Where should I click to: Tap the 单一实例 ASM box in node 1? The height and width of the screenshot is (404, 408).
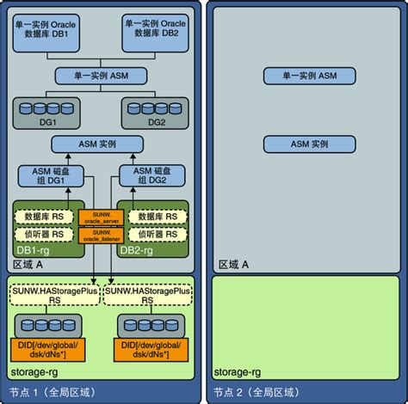[x=102, y=77]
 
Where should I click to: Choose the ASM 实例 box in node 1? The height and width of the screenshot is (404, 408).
[x=102, y=145]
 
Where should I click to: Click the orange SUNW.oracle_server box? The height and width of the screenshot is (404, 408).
[x=97, y=216]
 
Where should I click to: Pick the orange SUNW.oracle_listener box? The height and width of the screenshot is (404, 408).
[x=97, y=235]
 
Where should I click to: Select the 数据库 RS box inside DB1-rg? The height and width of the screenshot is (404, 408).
[x=46, y=216]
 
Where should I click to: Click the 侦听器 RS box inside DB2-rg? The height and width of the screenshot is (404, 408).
[x=154, y=234]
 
